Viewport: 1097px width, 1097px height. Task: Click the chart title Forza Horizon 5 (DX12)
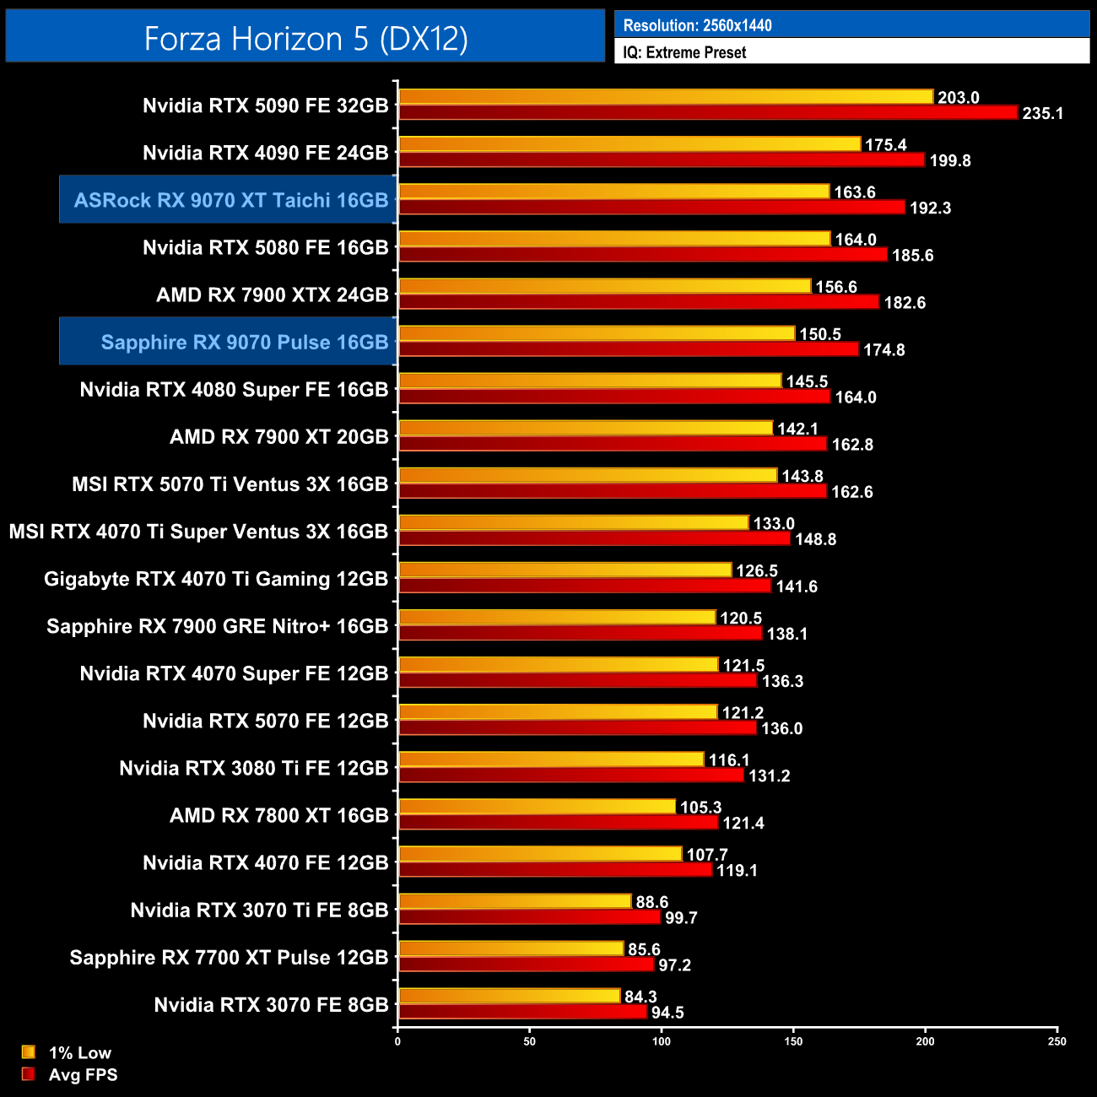click(305, 38)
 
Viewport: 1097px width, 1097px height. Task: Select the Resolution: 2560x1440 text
click(697, 25)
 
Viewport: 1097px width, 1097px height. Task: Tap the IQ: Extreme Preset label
click(684, 52)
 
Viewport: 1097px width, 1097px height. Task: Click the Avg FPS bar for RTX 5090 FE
click(708, 112)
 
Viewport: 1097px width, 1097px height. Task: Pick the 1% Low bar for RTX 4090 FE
click(630, 144)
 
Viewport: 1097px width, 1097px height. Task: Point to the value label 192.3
click(930, 208)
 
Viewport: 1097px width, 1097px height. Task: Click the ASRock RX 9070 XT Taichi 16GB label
click(230, 200)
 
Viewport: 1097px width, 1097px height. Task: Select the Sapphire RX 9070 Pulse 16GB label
click(244, 342)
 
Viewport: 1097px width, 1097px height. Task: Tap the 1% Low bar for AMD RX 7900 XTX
click(604, 286)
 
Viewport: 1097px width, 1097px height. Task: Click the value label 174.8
click(884, 349)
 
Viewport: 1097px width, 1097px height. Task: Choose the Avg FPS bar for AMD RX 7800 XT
click(558, 822)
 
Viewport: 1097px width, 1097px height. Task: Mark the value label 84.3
click(640, 997)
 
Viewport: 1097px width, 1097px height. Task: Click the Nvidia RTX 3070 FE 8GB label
click(271, 1005)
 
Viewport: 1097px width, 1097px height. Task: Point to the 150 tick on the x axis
click(793, 1041)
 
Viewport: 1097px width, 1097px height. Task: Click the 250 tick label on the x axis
click(1056, 1041)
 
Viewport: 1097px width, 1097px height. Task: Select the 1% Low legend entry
click(68, 1052)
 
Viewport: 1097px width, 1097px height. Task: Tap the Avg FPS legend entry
click(71, 1074)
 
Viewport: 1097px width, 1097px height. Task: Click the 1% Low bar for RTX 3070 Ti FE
click(515, 901)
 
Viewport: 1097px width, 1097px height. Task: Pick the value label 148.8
click(815, 538)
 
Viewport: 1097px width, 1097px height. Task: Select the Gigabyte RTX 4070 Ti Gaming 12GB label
click(216, 579)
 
